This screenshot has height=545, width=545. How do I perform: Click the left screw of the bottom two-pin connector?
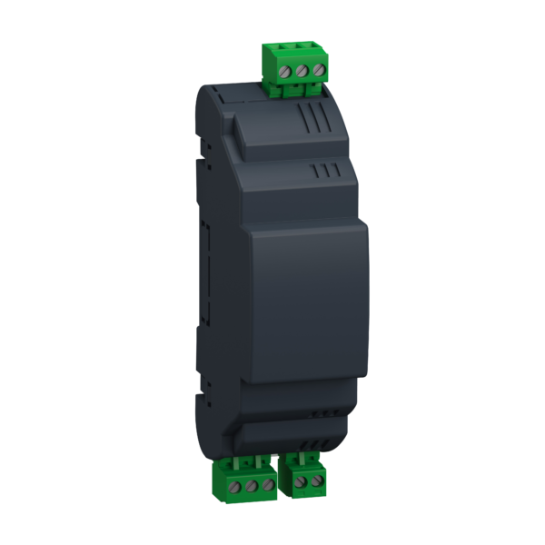[300, 479]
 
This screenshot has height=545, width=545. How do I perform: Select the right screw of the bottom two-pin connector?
[317, 479]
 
